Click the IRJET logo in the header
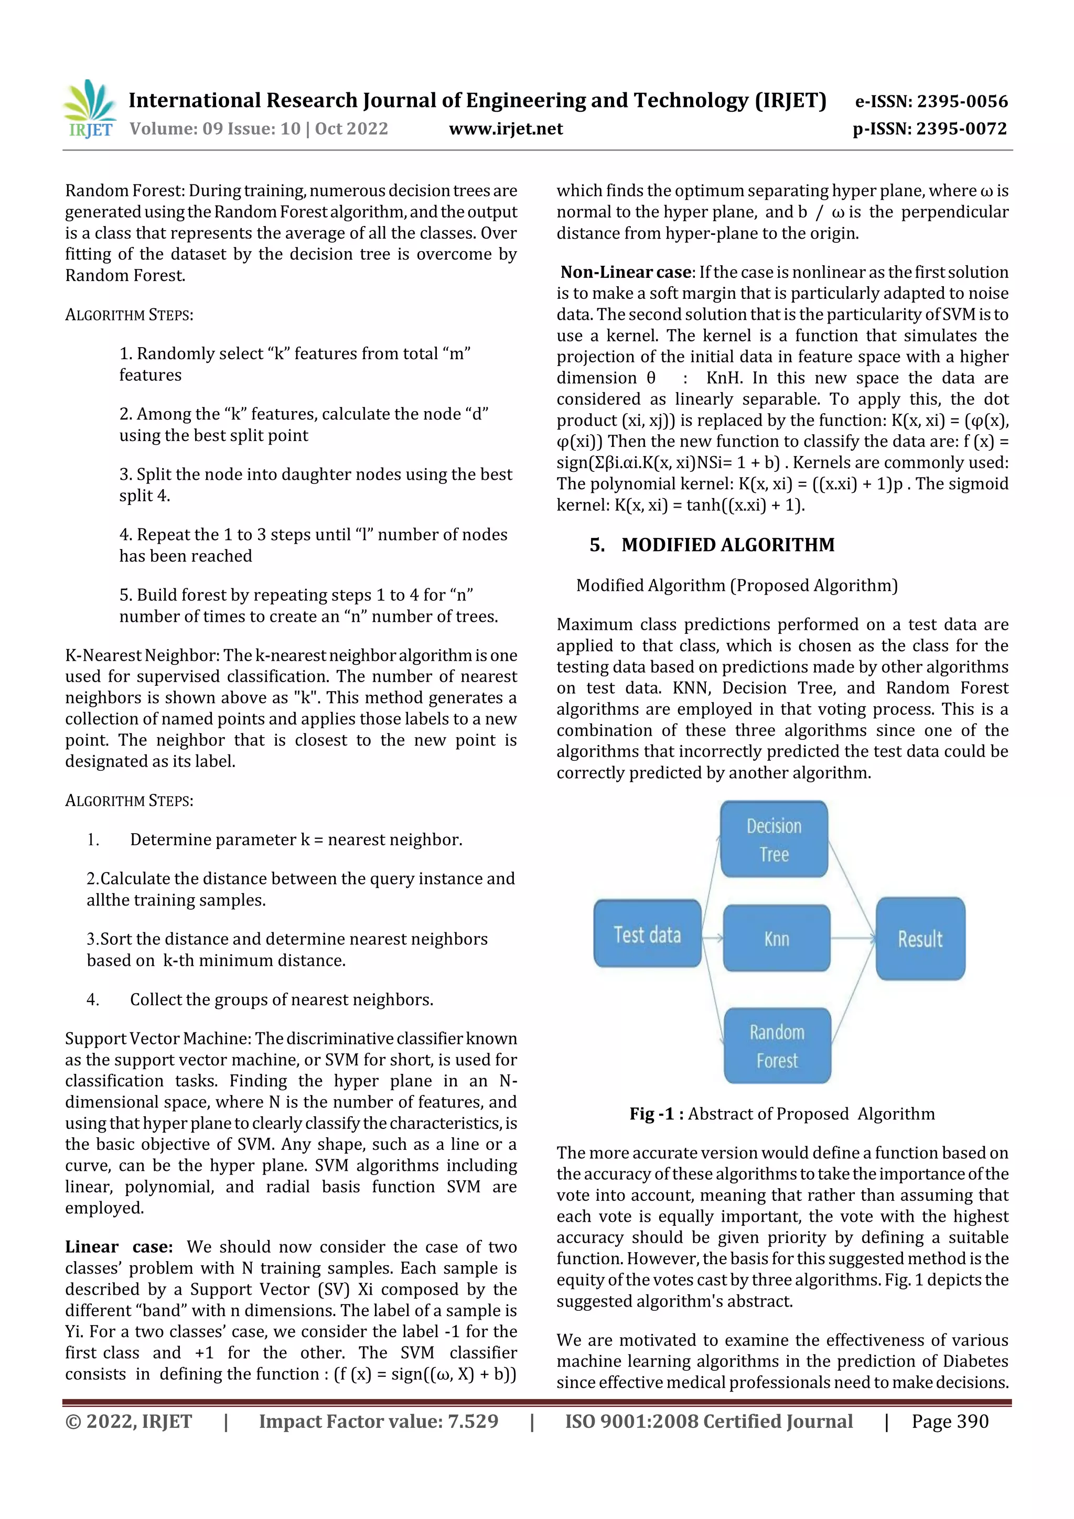(x=91, y=109)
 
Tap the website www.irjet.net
(x=506, y=128)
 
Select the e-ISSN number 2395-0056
(x=931, y=101)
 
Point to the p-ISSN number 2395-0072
(x=930, y=128)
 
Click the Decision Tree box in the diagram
(x=774, y=839)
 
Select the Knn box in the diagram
(x=776, y=938)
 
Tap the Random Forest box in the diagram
(x=777, y=1046)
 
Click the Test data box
(x=647, y=933)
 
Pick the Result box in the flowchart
(x=920, y=938)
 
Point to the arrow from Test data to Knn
(x=712, y=938)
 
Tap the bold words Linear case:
(x=119, y=1246)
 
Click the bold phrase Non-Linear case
(x=625, y=272)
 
